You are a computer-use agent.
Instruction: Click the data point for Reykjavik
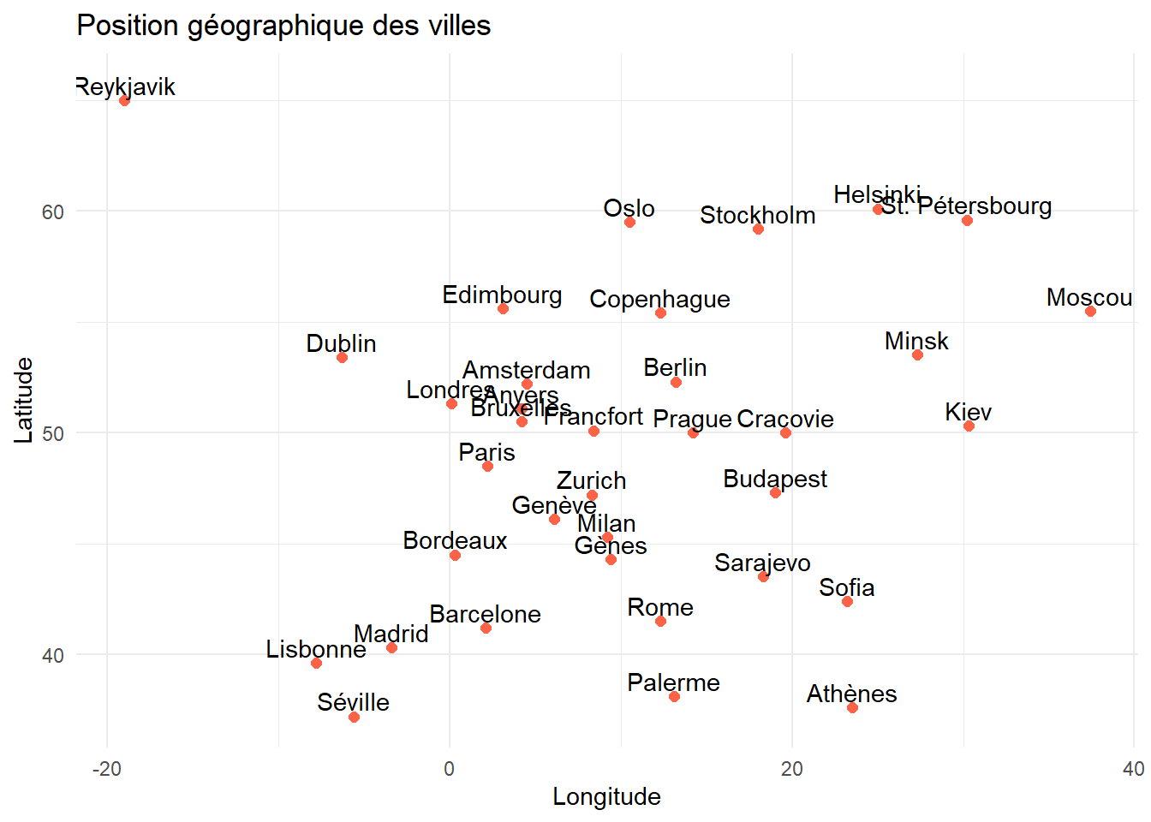[124, 100]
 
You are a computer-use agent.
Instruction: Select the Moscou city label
[1088, 297]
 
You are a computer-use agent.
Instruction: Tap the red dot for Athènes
[852, 707]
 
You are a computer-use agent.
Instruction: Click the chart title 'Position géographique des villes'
[283, 26]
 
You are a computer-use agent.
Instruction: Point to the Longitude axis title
[606, 796]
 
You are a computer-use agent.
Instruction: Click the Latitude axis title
[24, 400]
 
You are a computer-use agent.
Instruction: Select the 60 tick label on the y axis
[53, 211]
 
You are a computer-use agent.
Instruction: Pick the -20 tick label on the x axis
[107, 768]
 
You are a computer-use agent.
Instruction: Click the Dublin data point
[342, 357]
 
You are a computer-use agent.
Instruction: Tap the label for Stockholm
[757, 215]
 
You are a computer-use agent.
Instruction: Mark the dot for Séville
[354, 717]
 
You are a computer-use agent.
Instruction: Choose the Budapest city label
[774, 479]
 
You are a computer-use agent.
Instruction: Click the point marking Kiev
[969, 426]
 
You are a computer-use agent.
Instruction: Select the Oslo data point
[629, 222]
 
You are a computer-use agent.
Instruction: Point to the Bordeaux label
[455, 540]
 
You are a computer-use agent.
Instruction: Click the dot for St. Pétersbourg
[967, 220]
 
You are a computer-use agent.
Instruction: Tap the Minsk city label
[916, 341]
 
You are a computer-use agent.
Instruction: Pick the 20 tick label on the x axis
[792, 768]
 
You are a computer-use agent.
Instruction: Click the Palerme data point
[674, 696]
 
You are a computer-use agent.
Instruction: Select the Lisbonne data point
[316, 663]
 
